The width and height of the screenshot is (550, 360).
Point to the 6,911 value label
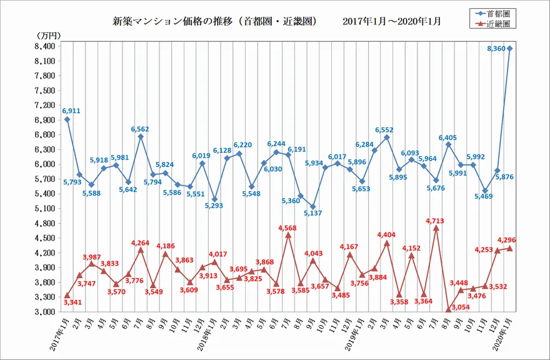[x=71, y=111]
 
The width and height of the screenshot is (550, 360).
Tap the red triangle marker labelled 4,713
[x=436, y=228]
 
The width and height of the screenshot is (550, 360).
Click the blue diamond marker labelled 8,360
[x=510, y=48]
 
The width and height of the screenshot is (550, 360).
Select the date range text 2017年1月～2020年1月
[x=392, y=21]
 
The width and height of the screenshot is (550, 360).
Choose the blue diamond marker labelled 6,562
[x=141, y=137]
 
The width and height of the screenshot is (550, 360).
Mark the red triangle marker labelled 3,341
[x=67, y=295]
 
